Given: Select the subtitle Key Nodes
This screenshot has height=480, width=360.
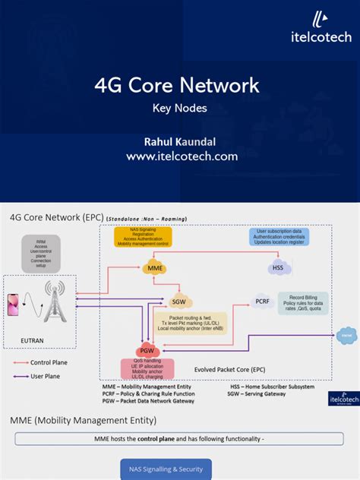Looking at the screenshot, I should [x=180, y=108].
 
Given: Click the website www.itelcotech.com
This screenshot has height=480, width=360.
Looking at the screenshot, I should [x=182, y=156].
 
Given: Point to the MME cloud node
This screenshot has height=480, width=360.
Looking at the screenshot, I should [x=154, y=268].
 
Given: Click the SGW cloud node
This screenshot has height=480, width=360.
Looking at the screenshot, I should [x=179, y=300].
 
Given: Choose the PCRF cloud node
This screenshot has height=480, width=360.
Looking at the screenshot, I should [x=262, y=302].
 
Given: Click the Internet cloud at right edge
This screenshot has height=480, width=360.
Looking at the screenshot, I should [x=346, y=335].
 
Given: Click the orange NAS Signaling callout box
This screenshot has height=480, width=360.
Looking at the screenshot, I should [x=143, y=237].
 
